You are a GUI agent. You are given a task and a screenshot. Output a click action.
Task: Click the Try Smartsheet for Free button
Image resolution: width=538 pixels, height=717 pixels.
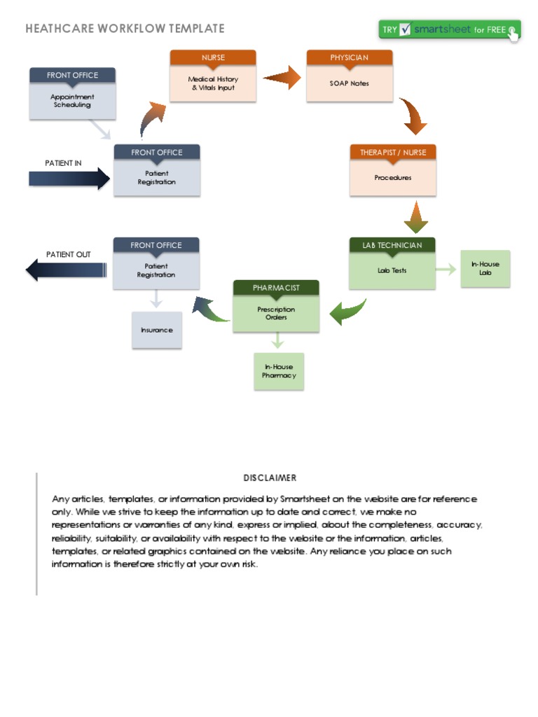click(449, 30)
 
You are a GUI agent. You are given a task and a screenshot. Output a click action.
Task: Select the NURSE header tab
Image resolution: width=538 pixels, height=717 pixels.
click(213, 57)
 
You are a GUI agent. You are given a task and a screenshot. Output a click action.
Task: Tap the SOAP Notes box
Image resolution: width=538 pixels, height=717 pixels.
click(349, 84)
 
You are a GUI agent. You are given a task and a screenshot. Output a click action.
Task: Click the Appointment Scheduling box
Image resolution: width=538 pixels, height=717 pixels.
click(72, 102)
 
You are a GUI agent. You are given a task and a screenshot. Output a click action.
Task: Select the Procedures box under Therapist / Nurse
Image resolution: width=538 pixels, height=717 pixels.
click(392, 179)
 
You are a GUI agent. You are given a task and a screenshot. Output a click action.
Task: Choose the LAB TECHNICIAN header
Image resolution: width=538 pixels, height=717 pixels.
click(392, 245)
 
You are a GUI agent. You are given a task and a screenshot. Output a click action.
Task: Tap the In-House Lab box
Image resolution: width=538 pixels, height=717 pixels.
click(485, 269)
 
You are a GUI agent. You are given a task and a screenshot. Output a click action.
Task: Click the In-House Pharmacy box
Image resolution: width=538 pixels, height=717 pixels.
click(279, 371)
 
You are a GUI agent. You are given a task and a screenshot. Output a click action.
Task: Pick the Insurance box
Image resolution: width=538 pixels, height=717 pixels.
click(157, 330)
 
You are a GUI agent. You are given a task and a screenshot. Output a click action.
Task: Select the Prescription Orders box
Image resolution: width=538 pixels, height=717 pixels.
click(276, 314)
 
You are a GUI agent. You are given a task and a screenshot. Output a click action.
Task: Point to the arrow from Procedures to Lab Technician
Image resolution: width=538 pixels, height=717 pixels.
click(415, 218)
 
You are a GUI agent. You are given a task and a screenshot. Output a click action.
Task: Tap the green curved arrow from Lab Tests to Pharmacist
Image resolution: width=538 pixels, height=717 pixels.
click(349, 311)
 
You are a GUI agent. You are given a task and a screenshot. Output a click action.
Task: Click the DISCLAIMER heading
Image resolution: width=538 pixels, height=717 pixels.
click(270, 478)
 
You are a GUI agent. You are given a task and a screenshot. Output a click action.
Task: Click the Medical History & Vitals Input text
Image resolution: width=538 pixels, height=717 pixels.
click(213, 84)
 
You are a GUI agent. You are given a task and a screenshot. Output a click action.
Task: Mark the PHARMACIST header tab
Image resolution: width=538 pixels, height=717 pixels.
click(276, 288)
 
